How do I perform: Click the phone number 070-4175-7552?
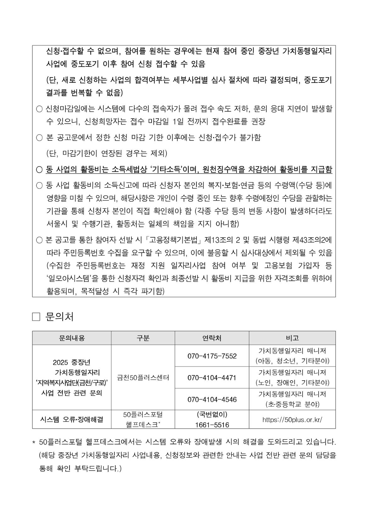tap(212, 356)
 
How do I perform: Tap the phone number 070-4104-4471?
tap(212, 378)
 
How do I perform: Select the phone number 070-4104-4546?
tap(212, 399)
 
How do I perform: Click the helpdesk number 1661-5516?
tap(212, 425)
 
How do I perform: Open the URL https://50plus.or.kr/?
tap(292, 420)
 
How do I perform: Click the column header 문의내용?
tap(72, 338)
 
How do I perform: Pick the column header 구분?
tap(143, 338)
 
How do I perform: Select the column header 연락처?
tap(212, 338)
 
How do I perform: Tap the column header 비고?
tap(292, 338)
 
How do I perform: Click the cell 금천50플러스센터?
tap(143, 378)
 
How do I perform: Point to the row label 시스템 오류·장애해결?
tap(72, 419)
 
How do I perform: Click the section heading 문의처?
tap(59, 317)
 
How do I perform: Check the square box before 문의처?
tap(36, 317)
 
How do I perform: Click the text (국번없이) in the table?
tap(212, 414)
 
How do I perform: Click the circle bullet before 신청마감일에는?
tap(39, 109)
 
